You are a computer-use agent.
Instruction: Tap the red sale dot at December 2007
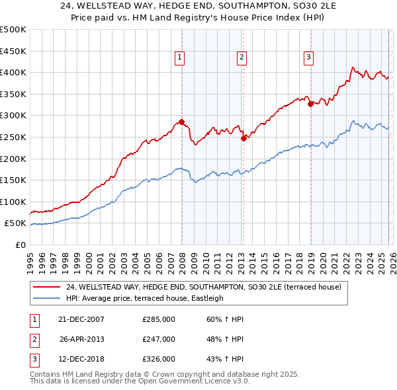click(x=181, y=122)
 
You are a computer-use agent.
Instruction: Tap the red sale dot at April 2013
click(x=243, y=138)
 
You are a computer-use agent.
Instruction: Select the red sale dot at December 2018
click(x=310, y=104)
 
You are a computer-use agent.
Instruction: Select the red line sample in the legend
click(x=46, y=287)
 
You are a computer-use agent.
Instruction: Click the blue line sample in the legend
click(x=46, y=299)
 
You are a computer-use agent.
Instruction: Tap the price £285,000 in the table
click(x=159, y=319)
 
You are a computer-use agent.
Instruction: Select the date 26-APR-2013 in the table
click(x=82, y=339)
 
